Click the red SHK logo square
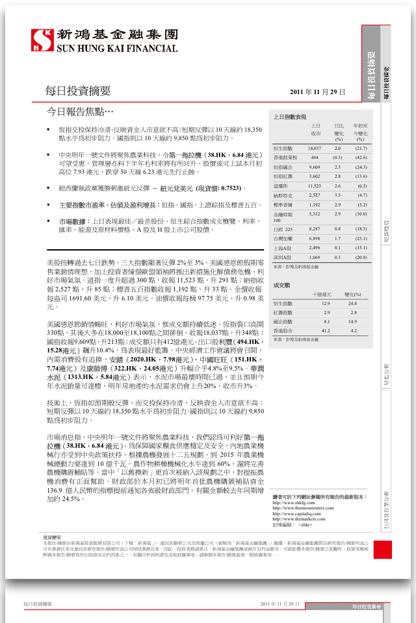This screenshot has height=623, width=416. click(43, 41)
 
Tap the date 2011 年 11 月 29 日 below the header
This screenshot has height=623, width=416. click(318, 92)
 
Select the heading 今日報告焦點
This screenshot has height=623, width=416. click(81, 111)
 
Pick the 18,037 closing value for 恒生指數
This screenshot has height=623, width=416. click(315, 149)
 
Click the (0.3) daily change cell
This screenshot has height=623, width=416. click(338, 158)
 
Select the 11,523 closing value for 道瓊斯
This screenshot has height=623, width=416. click(315, 186)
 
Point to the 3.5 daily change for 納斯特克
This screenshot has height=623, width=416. click(338, 195)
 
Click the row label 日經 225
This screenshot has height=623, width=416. click(283, 229)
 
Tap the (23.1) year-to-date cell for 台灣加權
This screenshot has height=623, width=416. click(361, 238)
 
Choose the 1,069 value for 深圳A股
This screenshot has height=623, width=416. click(315, 257)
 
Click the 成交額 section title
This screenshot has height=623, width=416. click(281, 285)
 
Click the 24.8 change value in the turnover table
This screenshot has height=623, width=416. click(353, 303)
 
